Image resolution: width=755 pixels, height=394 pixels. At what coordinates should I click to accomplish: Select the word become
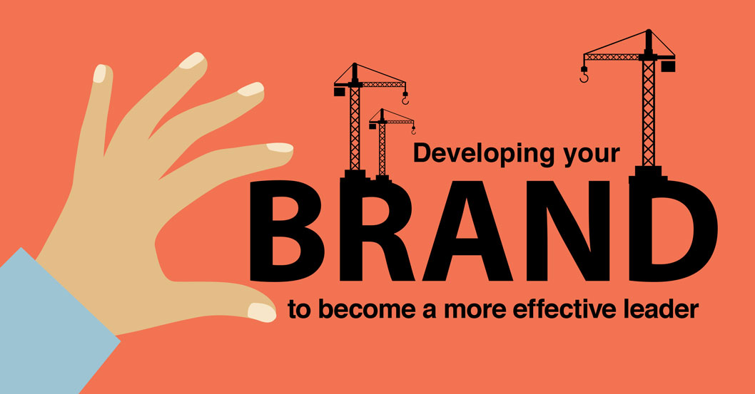pyautogui.click(x=367, y=309)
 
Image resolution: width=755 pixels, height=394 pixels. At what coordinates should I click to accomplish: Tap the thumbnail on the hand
pyautogui.click(x=262, y=312)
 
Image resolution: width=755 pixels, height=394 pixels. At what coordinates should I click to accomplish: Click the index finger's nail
pyautogui.click(x=280, y=147)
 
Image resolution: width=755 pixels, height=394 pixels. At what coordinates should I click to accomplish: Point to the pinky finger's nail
pyautogui.click(x=100, y=73)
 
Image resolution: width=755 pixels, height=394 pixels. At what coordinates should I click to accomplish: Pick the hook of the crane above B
pyautogui.click(x=405, y=99)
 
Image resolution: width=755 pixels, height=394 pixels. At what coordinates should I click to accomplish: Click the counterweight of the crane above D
pyautogui.click(x=668, y=66)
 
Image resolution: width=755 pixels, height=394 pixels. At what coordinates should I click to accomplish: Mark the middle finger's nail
pyautogui.click(x=251, y=89)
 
